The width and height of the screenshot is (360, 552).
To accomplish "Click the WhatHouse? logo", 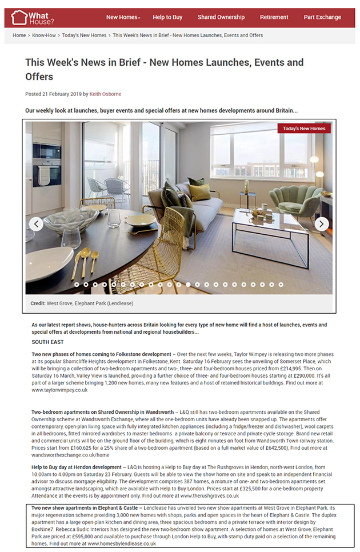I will (x=33, y=17).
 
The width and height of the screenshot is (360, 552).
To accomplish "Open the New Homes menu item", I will (x=123, y=17).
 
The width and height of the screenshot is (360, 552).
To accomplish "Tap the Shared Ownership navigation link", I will (x=221, y=17).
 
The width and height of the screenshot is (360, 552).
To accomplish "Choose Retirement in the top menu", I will (x=274, y=17).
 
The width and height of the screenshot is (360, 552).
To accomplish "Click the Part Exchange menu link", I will (x=322, y=17).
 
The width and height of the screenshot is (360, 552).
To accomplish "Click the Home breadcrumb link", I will (x=19, y=35).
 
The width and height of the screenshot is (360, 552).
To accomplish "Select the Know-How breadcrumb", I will (x=44, y=35).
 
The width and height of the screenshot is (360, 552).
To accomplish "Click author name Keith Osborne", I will (x=105, y=94).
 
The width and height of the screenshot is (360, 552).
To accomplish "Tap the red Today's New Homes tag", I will (x=304, y=129).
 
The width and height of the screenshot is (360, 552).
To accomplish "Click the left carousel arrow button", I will (x=36, y=223).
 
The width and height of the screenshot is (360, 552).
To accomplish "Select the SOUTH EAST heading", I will (x=48, y=342).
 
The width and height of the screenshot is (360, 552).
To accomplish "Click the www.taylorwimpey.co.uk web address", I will (x=60, y=390).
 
